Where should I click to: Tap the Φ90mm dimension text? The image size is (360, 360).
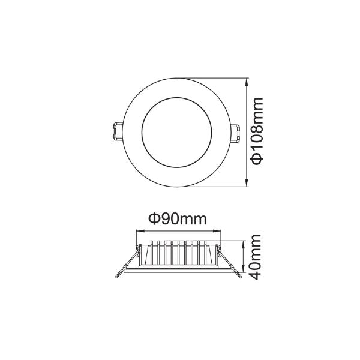(177, 220)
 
